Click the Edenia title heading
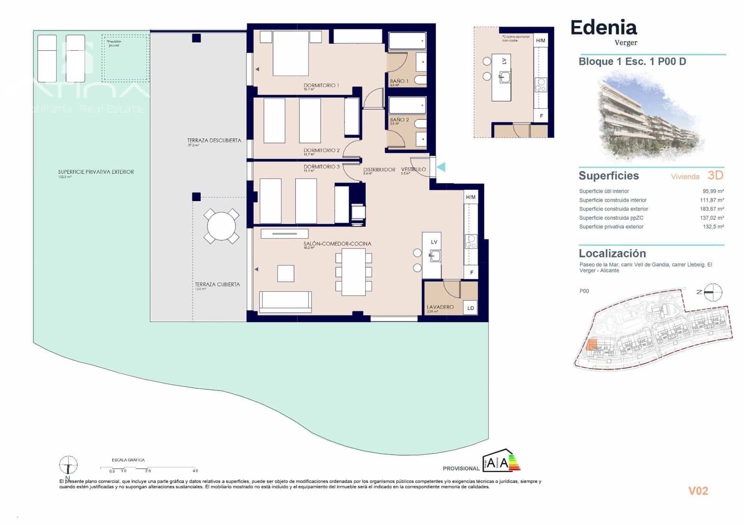(x=603, y=27)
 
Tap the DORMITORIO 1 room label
(x=321, y=85)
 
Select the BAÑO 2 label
(x=399, y=120)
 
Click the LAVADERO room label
(x=440, y=307)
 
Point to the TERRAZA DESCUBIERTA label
(x=214, y=140)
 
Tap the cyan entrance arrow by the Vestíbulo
(x=441, y=167)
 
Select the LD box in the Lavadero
(x=471, y=308)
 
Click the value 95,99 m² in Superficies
(x=713, y=191)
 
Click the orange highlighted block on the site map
(x=592, y=345)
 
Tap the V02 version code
(x=698, y=491)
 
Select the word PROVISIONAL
(x=461, y=468)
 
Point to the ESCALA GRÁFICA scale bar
(x=149, y=468)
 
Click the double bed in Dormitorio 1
(x=291, y=53)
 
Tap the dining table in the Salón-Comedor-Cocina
(x=353, y=272)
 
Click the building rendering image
(x=650, y=114)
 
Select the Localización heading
(x=612, y=254)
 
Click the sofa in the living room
(x=285, y=301)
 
